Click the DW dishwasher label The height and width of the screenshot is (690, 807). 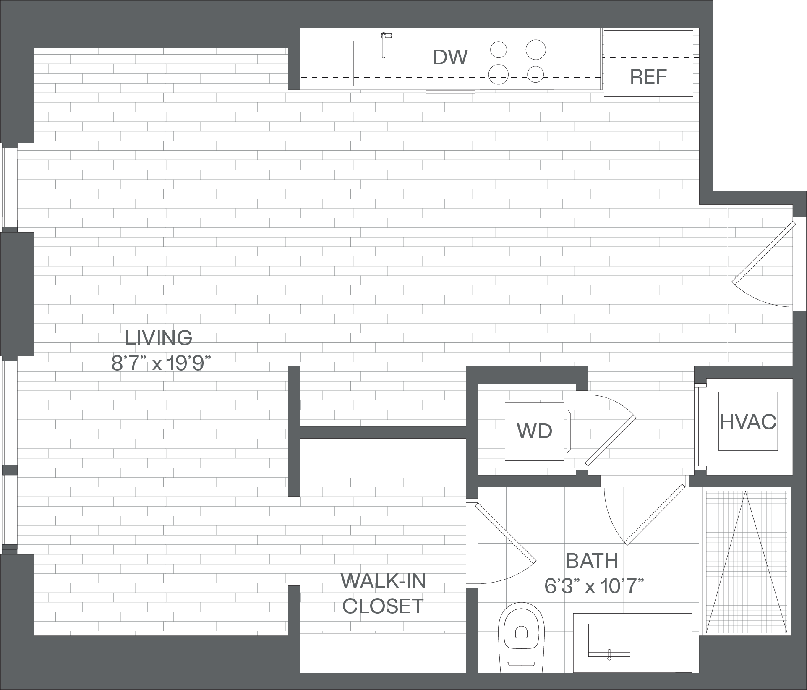click(x=450, y=57)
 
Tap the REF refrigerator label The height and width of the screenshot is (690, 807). click(x=648, y=76)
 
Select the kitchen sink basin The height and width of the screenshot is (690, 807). click(x=383, y=63)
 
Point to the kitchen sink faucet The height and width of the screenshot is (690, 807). click(x=384, y=44)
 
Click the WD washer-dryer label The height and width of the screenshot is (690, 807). click(x=534, y=431)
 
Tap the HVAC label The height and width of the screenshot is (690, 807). click(x=748, y=422)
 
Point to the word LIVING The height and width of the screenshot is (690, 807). click(x=159, y=338)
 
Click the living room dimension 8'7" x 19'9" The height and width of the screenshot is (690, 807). click(x=160, y=363)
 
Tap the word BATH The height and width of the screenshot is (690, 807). click(x=592, y=561)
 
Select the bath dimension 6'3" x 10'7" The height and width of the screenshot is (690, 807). click(x=594, y=586)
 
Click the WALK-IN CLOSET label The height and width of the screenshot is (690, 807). click(x=383, y=594)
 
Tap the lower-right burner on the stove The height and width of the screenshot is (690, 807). click(x=535, y=75)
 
